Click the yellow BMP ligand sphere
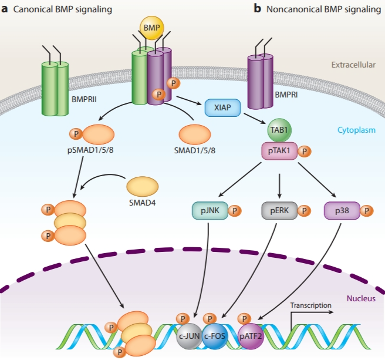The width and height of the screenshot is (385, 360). tap(152, 27)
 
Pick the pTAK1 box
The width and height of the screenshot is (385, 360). tap(279, 152)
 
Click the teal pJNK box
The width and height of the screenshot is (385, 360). tap(209, 210)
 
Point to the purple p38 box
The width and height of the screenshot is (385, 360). tap(342, 210)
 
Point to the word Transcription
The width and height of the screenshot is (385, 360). tap(311, 305)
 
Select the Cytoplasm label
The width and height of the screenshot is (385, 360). tap(357, 130)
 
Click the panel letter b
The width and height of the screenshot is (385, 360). tap(257, 9)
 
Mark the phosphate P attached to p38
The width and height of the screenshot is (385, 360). tap(367, 210)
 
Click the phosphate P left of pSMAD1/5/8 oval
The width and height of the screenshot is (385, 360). tap(76, 134)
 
